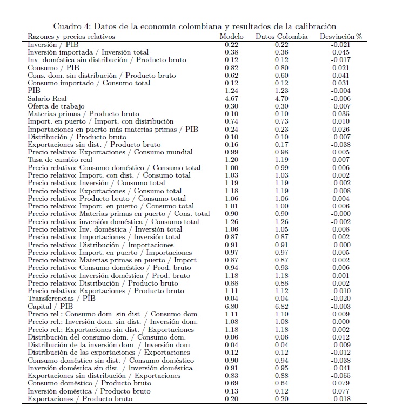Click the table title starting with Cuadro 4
click(x=195, y=26)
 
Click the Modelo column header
click(x=231, y=37)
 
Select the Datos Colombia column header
click(x=281, y=37)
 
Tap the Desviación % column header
click(x=340, y=37)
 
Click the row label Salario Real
click(x=47, y=99)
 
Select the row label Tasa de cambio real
click(x=60, y=160)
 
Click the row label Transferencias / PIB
click(x=62, y=298)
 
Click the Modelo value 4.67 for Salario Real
click(x=231, y=99)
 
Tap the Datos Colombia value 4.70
click(x=281, y=99)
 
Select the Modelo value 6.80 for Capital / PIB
click(x=231, y=306)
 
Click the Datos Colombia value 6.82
click(x=281, y=306)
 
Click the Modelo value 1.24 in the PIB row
click(x=231, y=91)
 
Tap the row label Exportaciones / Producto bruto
click(x=80, y=399)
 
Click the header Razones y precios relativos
click(x=71, y=37)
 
